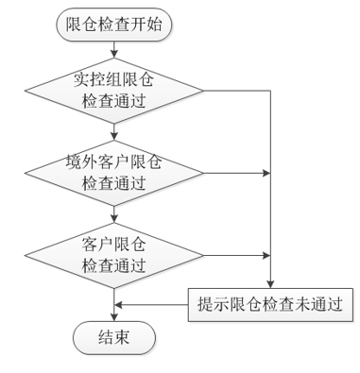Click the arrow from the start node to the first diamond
pos(114,51)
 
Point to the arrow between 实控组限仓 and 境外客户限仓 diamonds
pos(114,132)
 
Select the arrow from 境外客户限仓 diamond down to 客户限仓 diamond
pos(114,213)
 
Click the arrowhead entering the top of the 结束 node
pos(114,317)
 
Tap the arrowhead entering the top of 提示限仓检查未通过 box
pos(271,283)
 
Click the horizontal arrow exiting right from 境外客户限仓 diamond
pos(236,173)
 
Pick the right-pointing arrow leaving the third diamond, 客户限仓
pos(236,254)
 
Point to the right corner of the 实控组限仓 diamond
pos(202,92)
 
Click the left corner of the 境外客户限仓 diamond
pos(26,173)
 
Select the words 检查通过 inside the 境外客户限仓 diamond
pos(114,183)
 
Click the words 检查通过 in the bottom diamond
pos(114,264)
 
